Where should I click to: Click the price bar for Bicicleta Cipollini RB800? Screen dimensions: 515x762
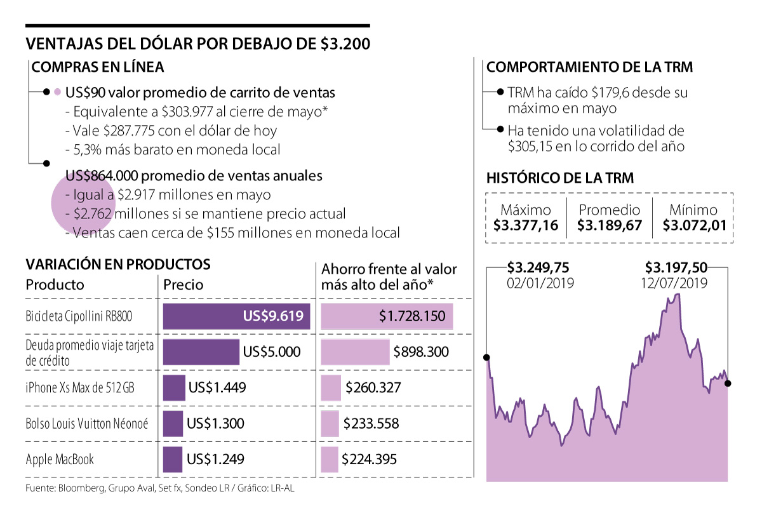pos(236,316)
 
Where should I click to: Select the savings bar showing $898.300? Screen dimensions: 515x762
pos(355,352)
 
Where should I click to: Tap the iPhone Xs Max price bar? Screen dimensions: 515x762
pos(174,387)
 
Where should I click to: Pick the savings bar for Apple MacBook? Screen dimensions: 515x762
pos(330,459)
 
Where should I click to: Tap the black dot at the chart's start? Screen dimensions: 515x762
pos(487,358)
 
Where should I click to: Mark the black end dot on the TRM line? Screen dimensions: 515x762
pos(728,383)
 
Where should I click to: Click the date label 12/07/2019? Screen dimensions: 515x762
pos(676,283)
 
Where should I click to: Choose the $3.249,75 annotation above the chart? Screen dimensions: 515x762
pos(539,267)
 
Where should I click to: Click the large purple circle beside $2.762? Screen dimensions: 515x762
pos(81,203)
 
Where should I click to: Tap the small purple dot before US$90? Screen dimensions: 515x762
pos(57,92)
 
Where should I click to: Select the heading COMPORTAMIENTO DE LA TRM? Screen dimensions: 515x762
pos(589,67)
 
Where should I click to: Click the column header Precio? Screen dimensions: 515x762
pos(184,284)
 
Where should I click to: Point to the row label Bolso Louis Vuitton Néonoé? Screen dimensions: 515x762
pos(87,423)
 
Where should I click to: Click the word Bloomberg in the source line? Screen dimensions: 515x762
pos(81,488)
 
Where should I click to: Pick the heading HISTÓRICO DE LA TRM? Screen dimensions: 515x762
pos(559,178)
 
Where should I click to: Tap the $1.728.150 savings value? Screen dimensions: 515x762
pos(412,316)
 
